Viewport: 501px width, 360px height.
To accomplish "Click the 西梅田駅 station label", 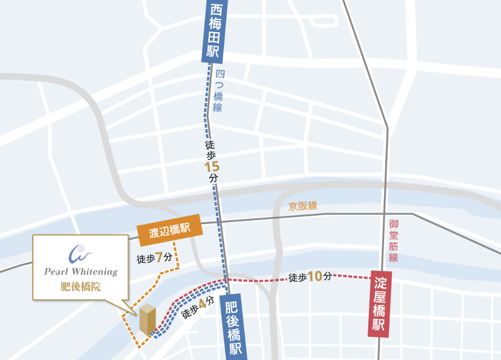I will pos(213,31).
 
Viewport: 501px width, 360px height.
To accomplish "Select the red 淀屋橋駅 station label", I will pos(379,304).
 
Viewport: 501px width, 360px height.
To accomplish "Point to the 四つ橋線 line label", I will pos(219,91).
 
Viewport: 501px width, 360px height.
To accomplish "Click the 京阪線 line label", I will pos(303,206).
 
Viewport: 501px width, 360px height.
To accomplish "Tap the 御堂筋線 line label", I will pos(393,240).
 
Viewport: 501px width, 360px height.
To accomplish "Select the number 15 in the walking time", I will pos(212,168).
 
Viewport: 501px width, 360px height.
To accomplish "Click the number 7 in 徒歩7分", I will pos(159,258).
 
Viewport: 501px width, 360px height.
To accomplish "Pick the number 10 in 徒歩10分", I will pos(315,277).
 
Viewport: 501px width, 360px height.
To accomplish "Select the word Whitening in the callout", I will pos(94,272).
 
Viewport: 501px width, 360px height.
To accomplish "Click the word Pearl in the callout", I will pos(56,272).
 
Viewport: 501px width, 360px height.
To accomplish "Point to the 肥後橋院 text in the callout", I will pos(81,287).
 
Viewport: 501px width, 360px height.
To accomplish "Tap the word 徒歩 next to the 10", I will pos(297,277).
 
